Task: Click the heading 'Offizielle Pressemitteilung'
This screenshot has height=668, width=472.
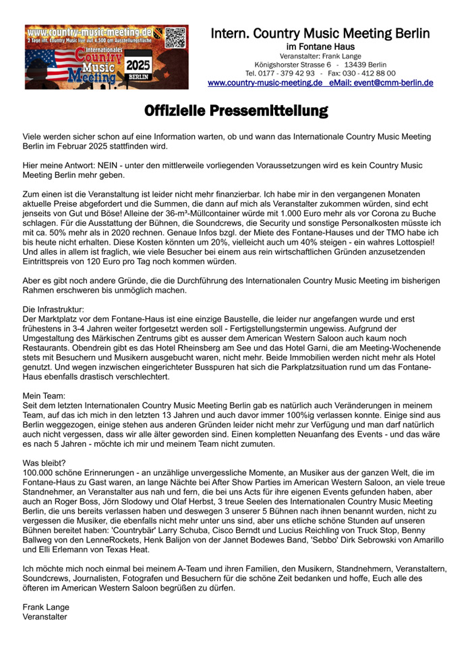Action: pos(236,111)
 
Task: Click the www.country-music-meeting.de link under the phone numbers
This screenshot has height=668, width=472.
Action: pos(265,83)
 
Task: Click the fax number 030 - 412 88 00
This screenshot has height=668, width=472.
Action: pos(371,73)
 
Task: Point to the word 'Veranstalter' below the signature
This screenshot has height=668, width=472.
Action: pos(45,616)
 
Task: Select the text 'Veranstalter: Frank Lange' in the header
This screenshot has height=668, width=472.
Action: pos(320,55)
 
